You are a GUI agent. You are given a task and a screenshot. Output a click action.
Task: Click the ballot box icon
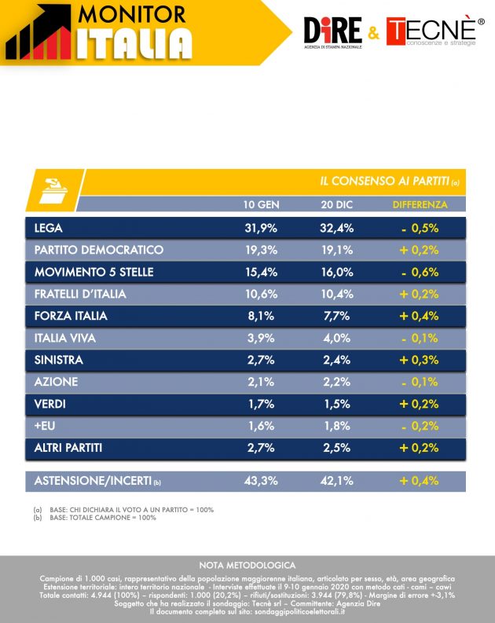pyautogui.click(x=51, y=189)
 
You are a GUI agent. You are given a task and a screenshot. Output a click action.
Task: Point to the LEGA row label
pyautogui.click(x=49, y=229)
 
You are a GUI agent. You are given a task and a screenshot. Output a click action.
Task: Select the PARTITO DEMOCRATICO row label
pyautogui.click(x=99, y=250)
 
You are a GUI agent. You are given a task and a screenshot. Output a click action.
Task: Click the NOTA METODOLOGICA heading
pyautogui.click(x=247, y=565)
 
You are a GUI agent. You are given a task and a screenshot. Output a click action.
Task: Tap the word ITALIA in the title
pyautogui.click(x=134, y=43)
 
